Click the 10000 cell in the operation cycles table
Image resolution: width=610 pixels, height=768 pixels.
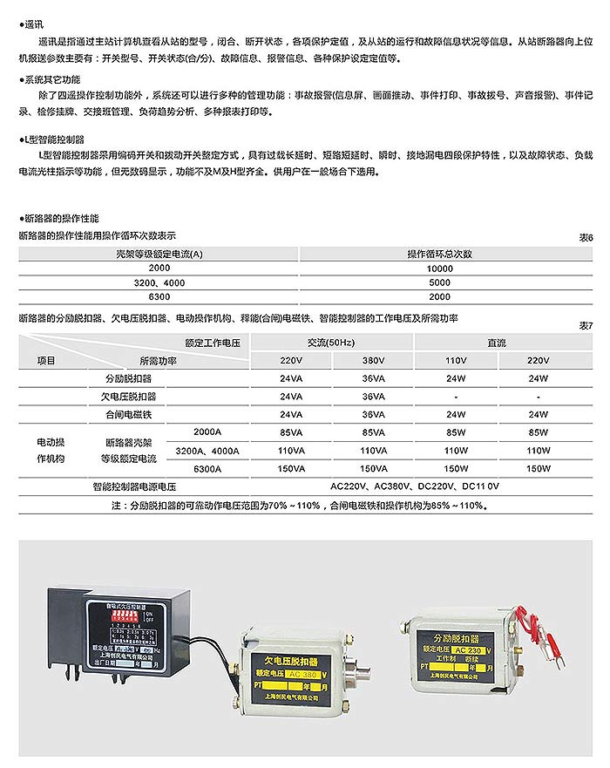click(440, 269)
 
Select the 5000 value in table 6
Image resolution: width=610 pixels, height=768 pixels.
click(440, 283)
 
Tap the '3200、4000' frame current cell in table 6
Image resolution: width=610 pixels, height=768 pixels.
click(159, 283)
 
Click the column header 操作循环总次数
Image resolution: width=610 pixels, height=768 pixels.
click(440, 255)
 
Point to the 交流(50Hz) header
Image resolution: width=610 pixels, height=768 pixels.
click(331, 342)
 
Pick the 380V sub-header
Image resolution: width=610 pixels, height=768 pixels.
click(372, 360)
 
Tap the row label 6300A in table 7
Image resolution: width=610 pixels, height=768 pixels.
click(206, 468)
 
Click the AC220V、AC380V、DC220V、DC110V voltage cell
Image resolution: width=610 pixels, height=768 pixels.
click(414, 486)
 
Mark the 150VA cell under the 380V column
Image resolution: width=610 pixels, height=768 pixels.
click(372, 468)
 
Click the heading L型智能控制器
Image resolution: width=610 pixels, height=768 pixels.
click(54, 139)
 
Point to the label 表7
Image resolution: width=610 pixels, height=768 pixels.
click(586, 325)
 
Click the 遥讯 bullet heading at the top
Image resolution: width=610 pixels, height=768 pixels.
click(35, 26)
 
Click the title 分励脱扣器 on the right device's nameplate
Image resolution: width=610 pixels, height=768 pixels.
click(457, 635)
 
